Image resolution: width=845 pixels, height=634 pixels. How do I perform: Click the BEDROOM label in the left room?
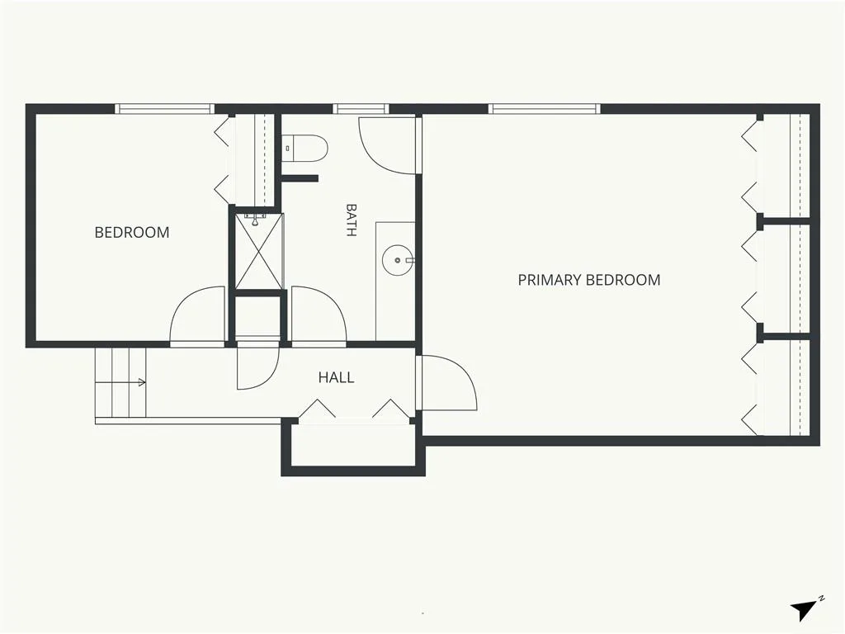click(x=132, y=232)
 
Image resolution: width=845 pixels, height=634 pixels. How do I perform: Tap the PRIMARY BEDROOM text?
click(x=589, y=280)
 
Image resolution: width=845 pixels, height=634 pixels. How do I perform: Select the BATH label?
click(x=351, y=220)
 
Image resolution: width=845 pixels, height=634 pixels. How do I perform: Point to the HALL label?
click(x=337, y=377)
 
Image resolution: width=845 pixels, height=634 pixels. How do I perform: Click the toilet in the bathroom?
click(x=304, y=149)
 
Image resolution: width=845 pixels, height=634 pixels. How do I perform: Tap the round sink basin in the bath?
click(x=398, y=260)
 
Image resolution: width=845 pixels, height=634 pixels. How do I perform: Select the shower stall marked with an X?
click(x=259, y=251)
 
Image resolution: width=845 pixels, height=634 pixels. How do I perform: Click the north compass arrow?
click(x=804, y=610)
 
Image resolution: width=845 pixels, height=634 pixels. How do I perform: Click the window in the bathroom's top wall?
click(x=361, y=109)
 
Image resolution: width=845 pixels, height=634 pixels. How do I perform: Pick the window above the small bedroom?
click(x=164, y=109)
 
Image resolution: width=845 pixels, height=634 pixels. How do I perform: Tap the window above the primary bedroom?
click(x=545, y=109)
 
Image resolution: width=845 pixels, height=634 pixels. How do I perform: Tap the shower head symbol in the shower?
click(x=256, y=220)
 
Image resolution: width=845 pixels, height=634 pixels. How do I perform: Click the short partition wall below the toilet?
click(x=300, y=178)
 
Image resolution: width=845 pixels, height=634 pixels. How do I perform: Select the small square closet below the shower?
click(x=258, y=318)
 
